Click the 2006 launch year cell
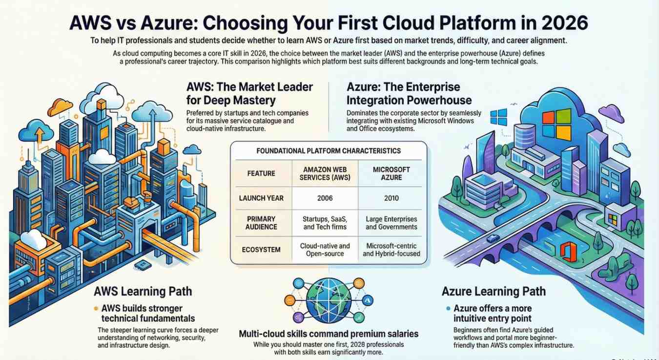click(325, 198)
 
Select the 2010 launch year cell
click(391, 198)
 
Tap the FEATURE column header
click(261, 173)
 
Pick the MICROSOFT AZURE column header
click(391, 173)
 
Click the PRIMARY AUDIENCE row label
click(261, 223)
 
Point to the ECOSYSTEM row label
click(261, 250)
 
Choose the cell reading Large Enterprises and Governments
click(391, 223)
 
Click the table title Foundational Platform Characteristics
click(329, 151)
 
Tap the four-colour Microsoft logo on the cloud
click(556, 125)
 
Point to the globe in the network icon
click(329, 298)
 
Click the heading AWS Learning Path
click(143, 292)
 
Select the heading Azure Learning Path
click(494, 292)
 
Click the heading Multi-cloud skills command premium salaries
click(329, 334)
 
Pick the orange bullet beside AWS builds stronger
click(96, 309)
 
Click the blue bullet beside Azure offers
click(448, 309)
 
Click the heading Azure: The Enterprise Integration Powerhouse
click(409, 94)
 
